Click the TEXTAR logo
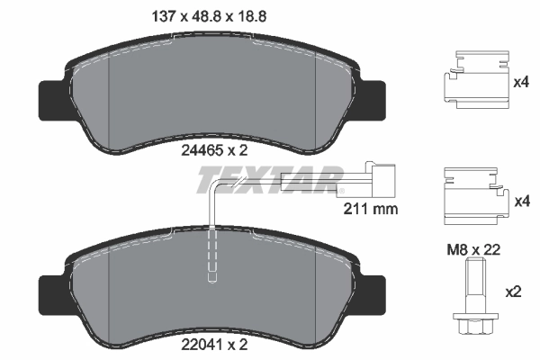[269, 179]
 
